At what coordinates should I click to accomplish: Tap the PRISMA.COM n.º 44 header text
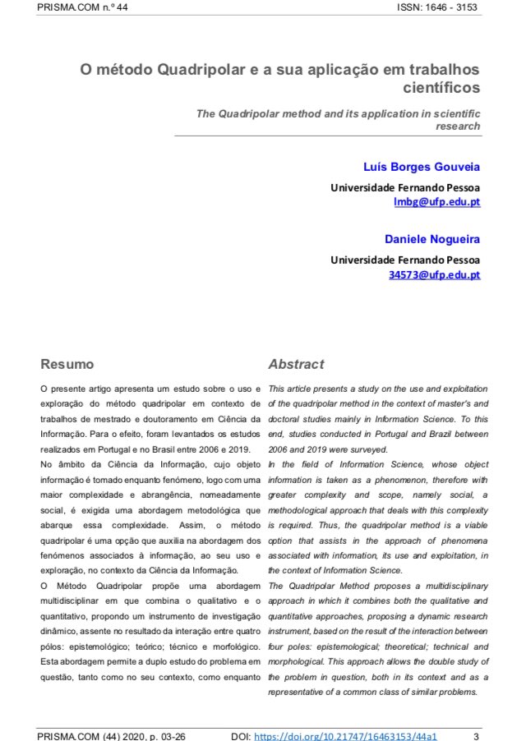82,7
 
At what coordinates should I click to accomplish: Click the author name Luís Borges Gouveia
422,167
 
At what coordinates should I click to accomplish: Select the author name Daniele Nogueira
432,239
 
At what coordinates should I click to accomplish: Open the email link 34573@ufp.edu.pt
434,274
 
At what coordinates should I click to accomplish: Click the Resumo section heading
67,364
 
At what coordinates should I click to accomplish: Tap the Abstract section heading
296,364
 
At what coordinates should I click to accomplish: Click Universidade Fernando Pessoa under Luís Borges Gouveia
405,187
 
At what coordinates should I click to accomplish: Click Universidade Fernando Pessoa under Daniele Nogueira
405,260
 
